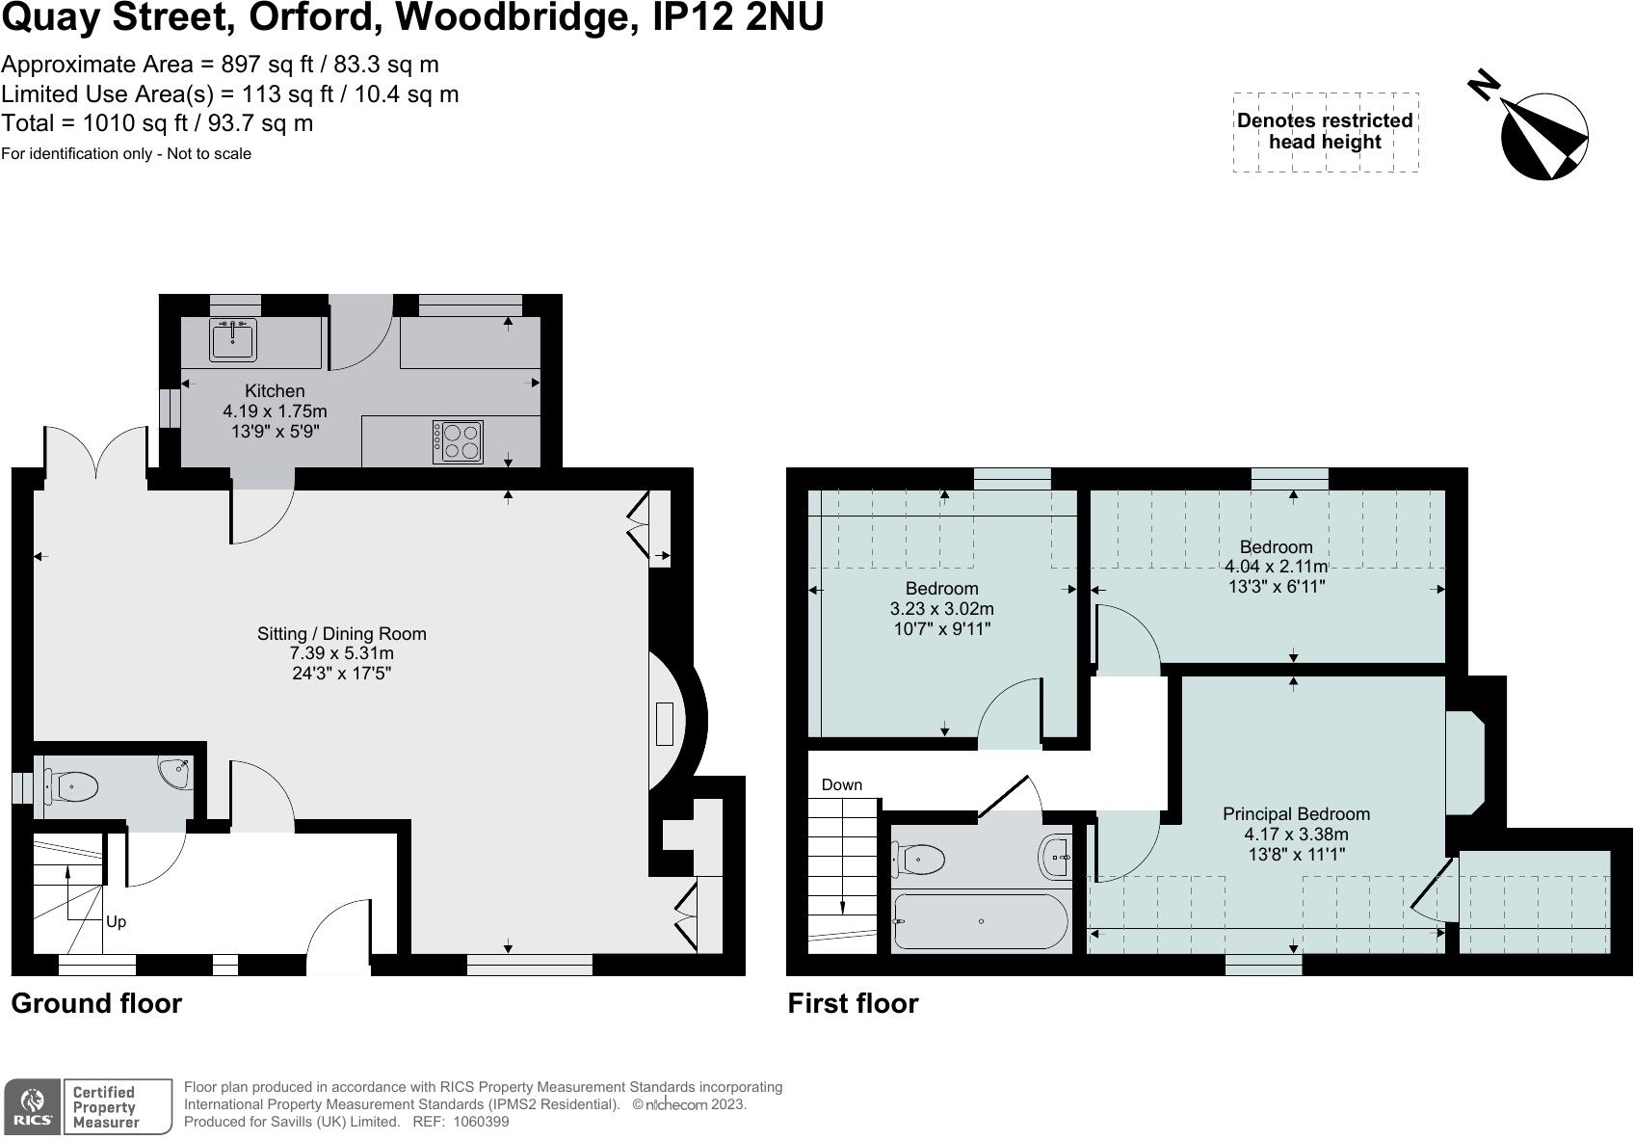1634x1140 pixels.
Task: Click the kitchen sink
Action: coord(233,340)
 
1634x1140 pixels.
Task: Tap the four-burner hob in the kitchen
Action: coord(458,441)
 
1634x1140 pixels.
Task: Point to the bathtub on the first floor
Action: coord(981,921)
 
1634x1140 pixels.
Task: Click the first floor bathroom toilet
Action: coord(918,859)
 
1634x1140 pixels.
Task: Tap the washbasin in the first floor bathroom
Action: coord(1055,857)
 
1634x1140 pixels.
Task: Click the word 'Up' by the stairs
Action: coord(116,922)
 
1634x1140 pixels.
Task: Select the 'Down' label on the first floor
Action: coord(842,784)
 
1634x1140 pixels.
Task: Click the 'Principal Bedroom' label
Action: coord(1296,813)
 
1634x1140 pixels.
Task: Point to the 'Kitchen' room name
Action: coord(275,390)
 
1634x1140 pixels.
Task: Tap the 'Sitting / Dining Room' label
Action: coord(341,633)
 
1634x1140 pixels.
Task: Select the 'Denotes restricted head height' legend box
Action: coord(1326,132)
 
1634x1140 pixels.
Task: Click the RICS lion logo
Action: coord(33,1106)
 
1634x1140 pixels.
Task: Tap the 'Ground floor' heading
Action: coord(96,1003)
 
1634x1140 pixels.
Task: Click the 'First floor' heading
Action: coord(853,1003)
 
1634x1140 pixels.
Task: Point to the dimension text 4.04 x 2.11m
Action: coord(1276,567)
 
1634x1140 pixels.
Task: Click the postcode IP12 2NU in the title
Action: coord(737,16)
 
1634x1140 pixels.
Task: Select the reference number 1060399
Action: coord(481,1122)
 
